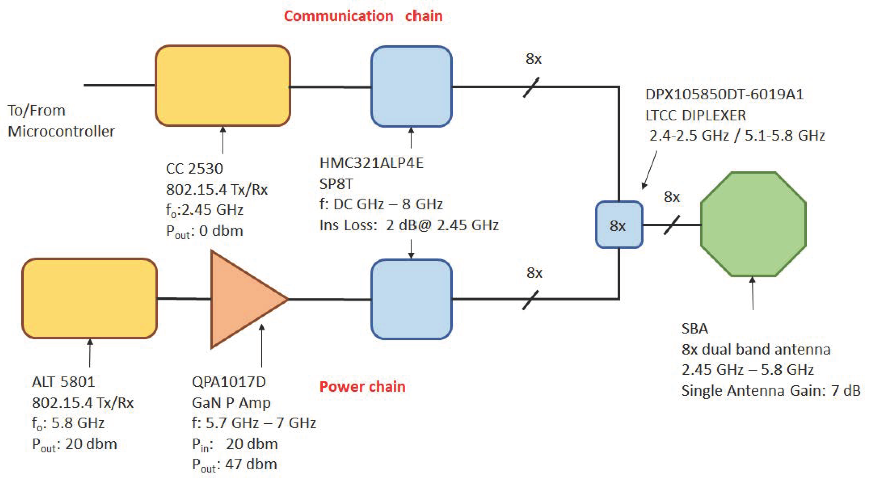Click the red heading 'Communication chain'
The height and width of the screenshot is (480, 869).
363,16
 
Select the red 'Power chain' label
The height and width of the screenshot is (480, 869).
362,387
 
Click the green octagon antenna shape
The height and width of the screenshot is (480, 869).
753,224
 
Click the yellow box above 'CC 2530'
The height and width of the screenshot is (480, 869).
223,86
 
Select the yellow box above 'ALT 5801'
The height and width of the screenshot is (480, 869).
90,298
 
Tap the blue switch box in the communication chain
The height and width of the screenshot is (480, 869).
411,87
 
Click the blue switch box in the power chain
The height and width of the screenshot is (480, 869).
411,299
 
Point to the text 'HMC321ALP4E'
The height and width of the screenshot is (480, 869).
371,163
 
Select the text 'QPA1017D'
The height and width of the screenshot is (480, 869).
229,382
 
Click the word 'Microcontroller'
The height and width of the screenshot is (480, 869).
61,131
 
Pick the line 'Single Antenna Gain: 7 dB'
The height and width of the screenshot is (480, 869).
770,391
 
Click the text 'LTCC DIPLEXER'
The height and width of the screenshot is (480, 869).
695,116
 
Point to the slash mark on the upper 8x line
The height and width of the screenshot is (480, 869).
531,87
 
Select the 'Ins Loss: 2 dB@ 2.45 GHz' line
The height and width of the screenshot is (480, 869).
409,225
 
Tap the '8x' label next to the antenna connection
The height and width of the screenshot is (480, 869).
671,197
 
